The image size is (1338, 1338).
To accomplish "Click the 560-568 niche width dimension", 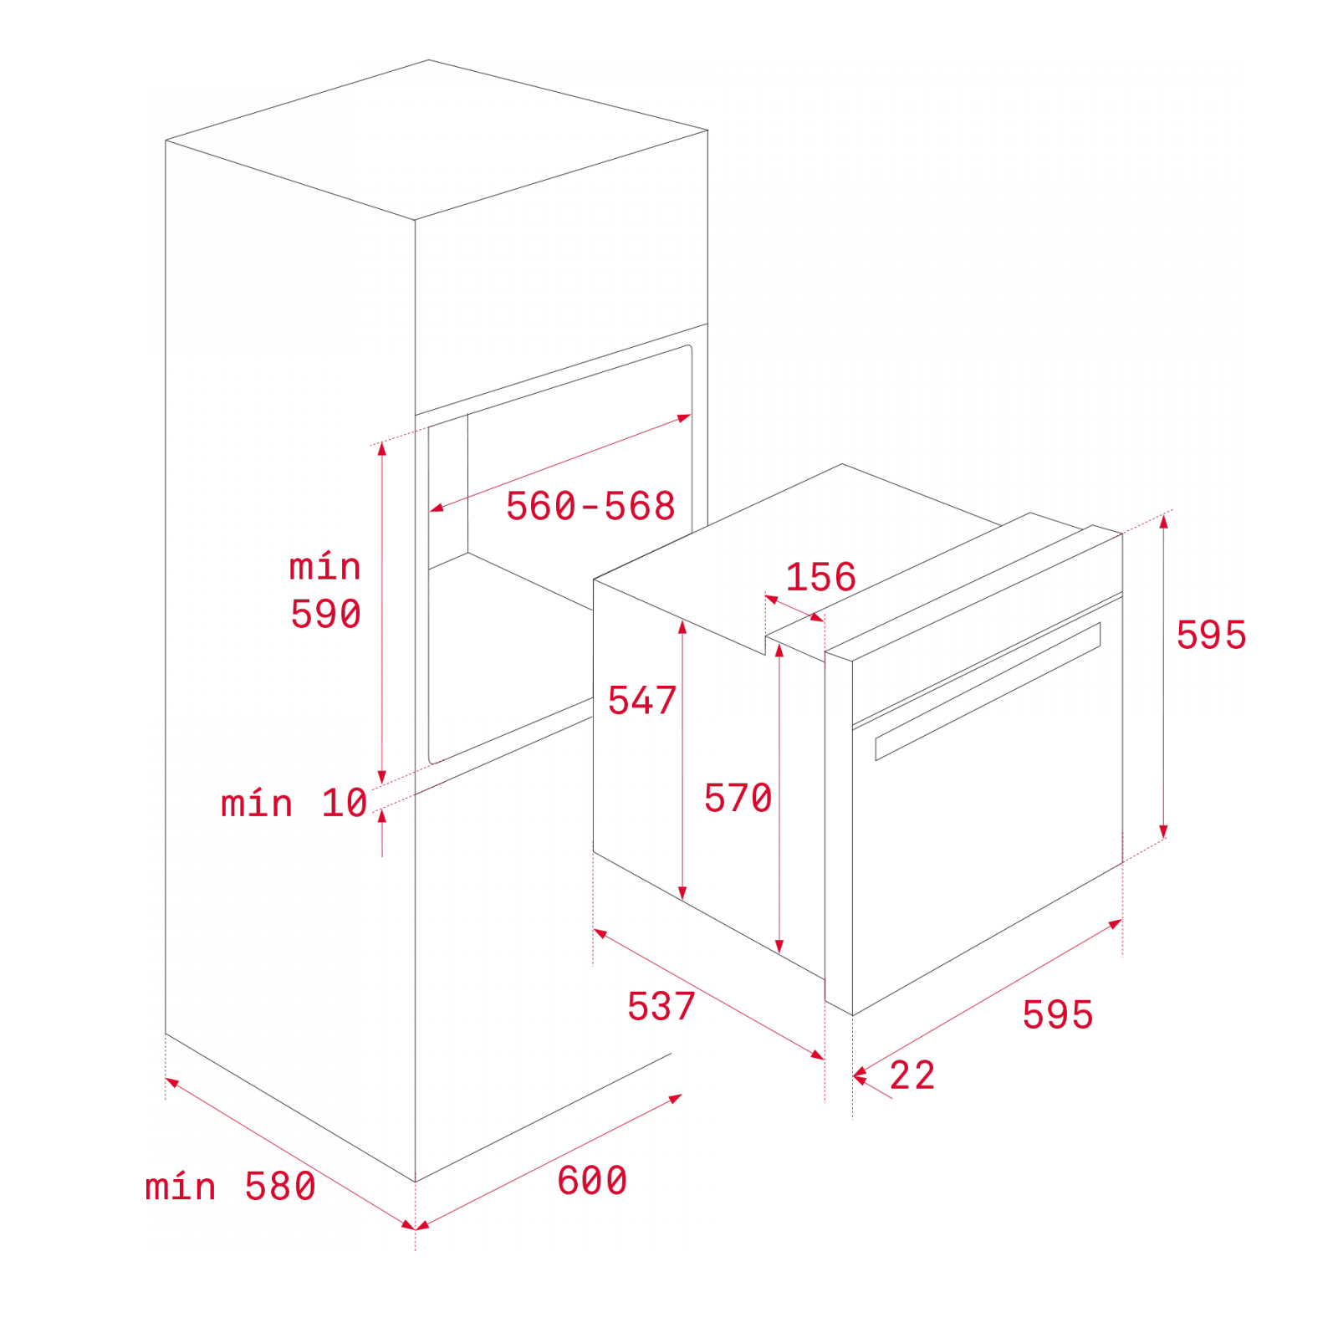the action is click(590, 506).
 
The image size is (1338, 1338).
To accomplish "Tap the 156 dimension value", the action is click(820, 577).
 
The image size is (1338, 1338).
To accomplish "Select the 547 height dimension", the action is click(641, 700).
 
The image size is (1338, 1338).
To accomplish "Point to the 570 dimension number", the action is click(738, 798).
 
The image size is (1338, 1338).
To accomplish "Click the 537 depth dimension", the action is click(661, 1006).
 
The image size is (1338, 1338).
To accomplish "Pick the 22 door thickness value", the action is click(912, 1075).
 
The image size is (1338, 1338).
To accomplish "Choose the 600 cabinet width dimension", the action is click(592, 1181).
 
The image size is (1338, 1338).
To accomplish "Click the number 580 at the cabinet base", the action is click(280, 1187).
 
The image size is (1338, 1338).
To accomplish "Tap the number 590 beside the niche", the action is click(325, 614).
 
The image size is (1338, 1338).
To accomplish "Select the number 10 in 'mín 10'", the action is click(345, 803).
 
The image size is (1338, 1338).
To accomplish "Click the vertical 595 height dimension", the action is click(1211, 635).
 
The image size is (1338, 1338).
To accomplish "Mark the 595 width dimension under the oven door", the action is click(1058, 1014).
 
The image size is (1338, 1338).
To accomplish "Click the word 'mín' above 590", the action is click(324, 566).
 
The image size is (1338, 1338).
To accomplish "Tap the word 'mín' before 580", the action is click(181, 1186).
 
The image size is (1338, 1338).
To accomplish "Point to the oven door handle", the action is click(988, 692).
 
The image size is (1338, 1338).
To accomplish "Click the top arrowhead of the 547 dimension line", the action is click(682, 626).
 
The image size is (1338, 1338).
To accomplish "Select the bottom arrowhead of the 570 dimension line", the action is click(779, 947).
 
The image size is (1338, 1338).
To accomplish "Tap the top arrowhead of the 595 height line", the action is click(1163, 522).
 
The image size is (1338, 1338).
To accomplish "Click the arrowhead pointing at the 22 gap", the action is click(859, 1077).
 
